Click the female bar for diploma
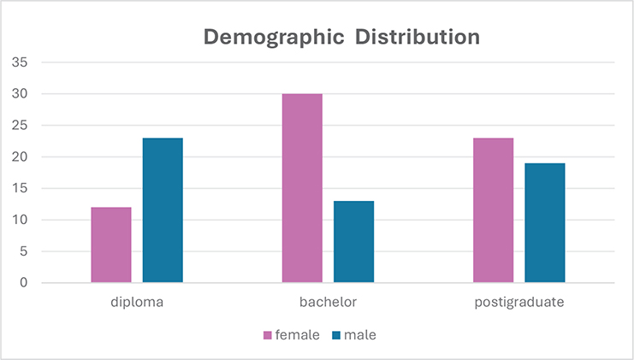click(x=111, y=245)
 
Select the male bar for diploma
click(x=163, y=210)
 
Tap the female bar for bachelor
click(x=302, y=188)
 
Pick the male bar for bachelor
click(x=353, y=241)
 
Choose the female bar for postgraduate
click(x=493, y=210)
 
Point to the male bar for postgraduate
click(x=544, y=222)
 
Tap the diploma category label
click(x=136, y=303)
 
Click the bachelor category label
click(x=328, y=303)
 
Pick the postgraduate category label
click(x=518, y=303)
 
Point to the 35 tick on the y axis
click(x=20, y=62)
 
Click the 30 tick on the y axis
click(x=20, y=94)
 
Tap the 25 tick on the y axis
click(x=20, y=126)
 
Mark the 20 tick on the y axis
click(x=20, y=157)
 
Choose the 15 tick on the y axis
click(x=20, y=188)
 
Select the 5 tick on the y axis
click(x=23, y=251)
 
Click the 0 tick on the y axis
click(x=23, y=283)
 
